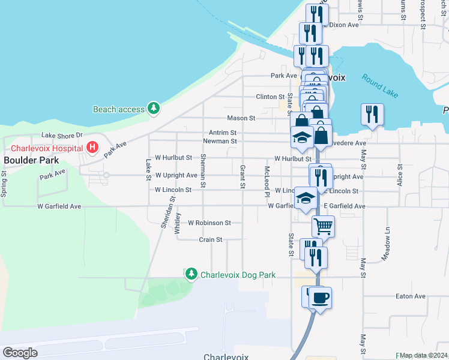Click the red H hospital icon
click(92, 146)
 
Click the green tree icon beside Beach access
click(155, 109)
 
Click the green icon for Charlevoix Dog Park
click(191, 274)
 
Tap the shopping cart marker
click(323, 226)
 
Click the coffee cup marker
click(321, 297)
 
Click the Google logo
click(20, 353)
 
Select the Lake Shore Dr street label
click(61, 136)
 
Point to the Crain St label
click(211, 239)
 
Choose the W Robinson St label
click(209, 223)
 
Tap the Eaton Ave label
click(411, 296)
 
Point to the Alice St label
click(399, 175)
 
